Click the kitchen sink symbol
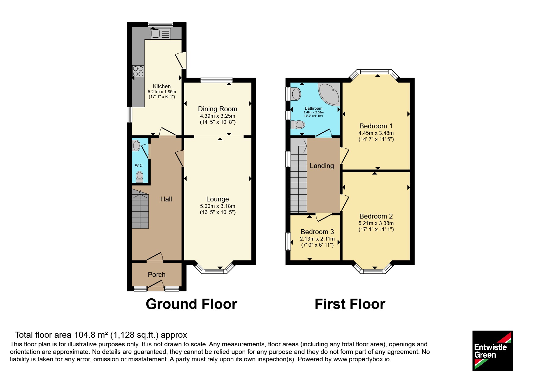click(160, 33)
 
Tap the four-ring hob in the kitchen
click(138, 71)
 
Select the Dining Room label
click(217, 109)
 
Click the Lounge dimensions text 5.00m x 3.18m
click(217, 206)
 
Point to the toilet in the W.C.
click(140, 177)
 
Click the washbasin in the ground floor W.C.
click(136, 145)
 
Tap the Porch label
click(157, 274)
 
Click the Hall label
click(166, 199)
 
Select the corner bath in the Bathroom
click(329, 94)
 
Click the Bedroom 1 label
click(376, 126)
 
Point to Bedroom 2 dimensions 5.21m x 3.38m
click(376, 223)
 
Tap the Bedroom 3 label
click(317, 232)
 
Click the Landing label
click(322, 166)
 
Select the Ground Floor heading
click(192, 304)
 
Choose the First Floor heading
click(350, 304)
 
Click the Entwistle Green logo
click(493, 351)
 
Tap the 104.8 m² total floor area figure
click(91, 335)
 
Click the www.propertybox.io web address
click(361, 359)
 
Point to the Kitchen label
click(162, 86)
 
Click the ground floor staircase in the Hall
click(140, 209)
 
